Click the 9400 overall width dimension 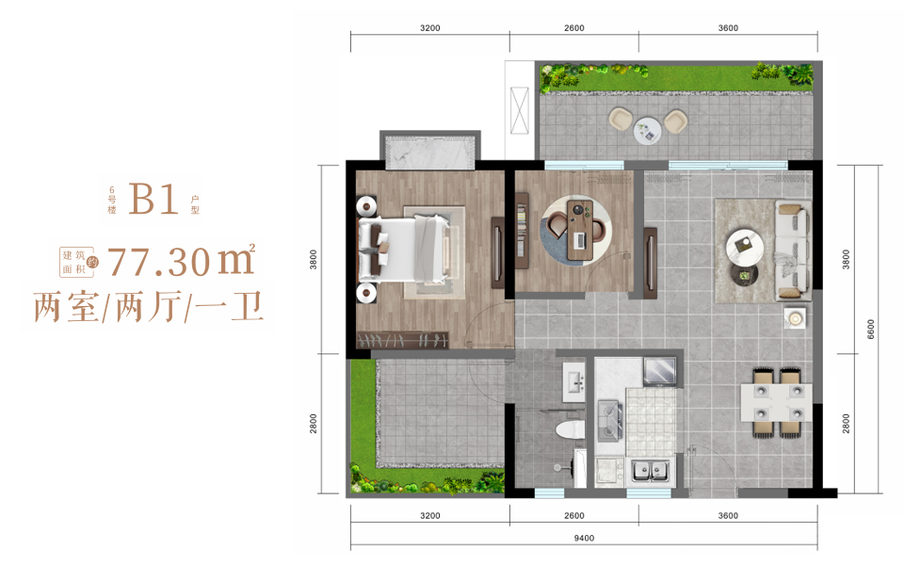[x=584, y=538]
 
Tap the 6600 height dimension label [x=870, y=330]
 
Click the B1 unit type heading [x=153, y=200]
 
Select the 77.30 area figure [x=158, y=262]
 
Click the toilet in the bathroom [x=571, y=430]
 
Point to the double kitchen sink [x=651, y=471]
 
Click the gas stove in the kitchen [x=609, y=421]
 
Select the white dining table [x=776, y=402]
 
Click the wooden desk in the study [x=578, y=230]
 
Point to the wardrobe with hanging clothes [x=402, y=340]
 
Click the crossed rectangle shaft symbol [x=520, y=111]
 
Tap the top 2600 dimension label [x=573, y=27]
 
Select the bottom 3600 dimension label [x=728, y=515]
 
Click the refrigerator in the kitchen [x=660, y=372]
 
